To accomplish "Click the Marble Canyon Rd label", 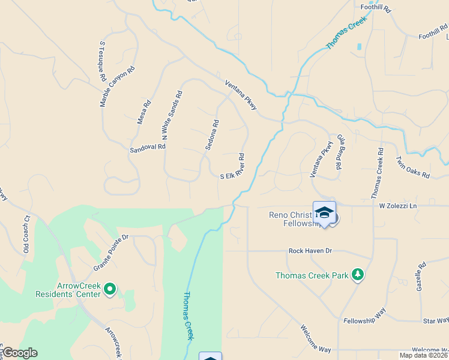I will click(x=118, y=86).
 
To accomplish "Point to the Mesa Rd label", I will click(x=144, y=112).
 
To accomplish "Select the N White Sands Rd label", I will click(x=171, y=116).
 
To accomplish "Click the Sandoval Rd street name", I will click(x=147, y=147).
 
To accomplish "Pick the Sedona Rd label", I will click(x=212, y=134).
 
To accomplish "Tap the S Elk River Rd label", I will click(x=233, y=166).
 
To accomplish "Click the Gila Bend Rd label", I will click(x=340, y=152).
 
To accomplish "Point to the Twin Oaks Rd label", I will click(x=413, y=167).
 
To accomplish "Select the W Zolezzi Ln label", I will click(x=397, y=206).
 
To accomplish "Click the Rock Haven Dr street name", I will click(x=310, y=251).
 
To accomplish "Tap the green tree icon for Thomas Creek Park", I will click(x=358, y=275).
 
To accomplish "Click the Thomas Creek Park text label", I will click(x=312, y=276).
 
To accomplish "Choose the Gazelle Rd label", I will click(x=421, y=276).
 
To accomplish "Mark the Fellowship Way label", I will click(x=364, y=321).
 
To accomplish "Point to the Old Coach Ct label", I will click(x=26, y=234).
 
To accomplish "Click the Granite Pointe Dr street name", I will click(x=111, y=253).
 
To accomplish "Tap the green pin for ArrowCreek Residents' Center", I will click(x=110, y=289).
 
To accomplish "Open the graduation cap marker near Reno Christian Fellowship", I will click(x=324, y=212).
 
